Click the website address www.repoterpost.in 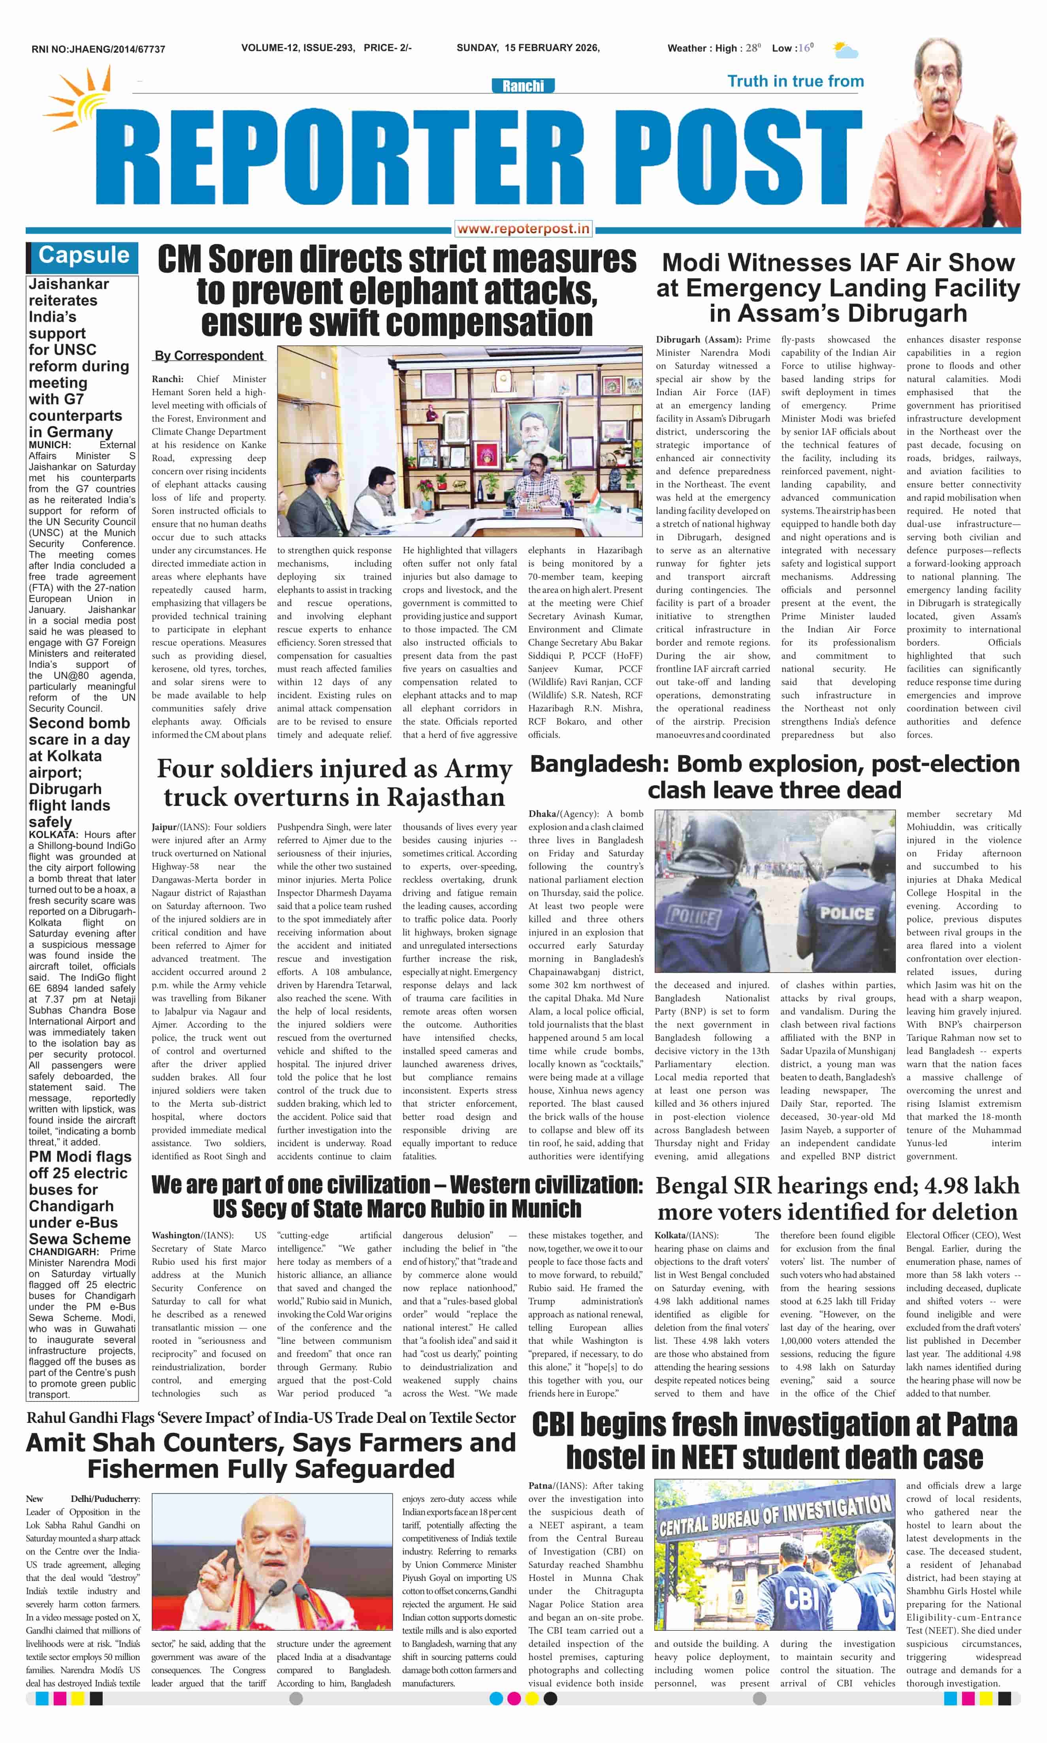click(523, 228)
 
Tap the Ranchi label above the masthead click(523, 86)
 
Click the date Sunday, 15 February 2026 click(528, 48)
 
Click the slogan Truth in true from click(795, 81)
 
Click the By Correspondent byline click(209, 356)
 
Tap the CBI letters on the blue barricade click(802, 1598)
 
